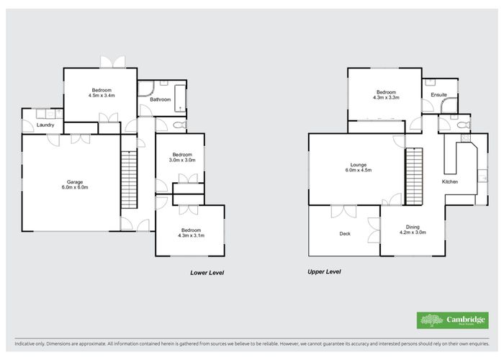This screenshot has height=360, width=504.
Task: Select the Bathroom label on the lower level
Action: (161, 99)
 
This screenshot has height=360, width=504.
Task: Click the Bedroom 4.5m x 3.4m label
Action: (102, 93)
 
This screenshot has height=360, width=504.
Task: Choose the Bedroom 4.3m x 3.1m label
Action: (191, 233)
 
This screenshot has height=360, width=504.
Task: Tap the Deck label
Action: (345, 234)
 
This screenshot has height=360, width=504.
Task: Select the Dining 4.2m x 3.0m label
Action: (412, 230)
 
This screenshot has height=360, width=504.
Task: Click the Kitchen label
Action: (450, 181)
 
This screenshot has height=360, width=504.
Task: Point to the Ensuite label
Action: (438, 95)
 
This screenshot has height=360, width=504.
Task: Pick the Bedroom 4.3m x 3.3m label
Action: (386, 94)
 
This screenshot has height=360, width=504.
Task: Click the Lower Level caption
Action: (207, 273)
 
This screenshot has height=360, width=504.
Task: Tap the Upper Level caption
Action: (323, 272)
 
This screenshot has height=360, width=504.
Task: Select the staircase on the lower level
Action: (127, 179)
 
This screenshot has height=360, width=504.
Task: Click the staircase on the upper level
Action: (413, 176)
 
